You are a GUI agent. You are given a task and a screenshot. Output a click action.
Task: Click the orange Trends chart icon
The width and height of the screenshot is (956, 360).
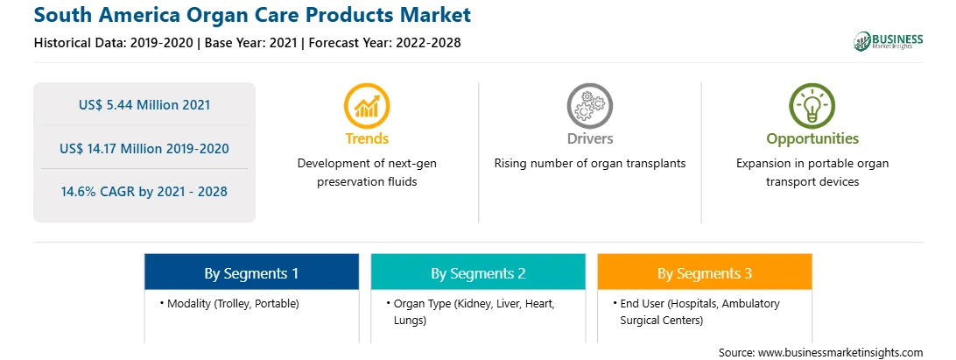(x=367, y=106)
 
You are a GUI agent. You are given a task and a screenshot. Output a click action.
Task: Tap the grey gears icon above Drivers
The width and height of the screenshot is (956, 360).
(x=589, y=106)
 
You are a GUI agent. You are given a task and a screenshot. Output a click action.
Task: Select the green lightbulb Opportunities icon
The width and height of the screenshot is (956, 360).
(x=812, y=106)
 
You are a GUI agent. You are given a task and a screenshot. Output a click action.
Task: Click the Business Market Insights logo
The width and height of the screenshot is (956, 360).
(x=888, y=41)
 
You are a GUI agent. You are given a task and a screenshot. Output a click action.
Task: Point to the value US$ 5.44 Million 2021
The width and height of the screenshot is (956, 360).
(x=144, y=105)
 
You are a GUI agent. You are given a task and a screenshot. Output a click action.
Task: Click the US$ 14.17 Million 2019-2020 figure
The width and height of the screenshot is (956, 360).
(x=144, y=148)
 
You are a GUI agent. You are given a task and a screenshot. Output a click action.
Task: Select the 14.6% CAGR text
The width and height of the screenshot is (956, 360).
(x=144, y=192)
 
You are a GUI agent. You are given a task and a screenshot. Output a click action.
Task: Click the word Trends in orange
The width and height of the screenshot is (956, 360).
(x=367, y=139)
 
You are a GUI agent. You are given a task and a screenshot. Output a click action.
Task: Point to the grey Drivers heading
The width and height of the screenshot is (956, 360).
(x=589, y=139)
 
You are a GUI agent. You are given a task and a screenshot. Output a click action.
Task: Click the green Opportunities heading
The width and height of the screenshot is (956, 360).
(x=812, y=139)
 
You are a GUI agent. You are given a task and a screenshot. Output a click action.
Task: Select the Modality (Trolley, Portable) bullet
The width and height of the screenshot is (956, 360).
(x=233, y=303)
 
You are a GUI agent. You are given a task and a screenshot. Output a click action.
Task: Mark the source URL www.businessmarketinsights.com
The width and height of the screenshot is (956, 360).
(x=840, y=353)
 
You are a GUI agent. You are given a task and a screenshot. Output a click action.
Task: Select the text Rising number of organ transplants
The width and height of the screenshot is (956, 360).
(x=589, y=164)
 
